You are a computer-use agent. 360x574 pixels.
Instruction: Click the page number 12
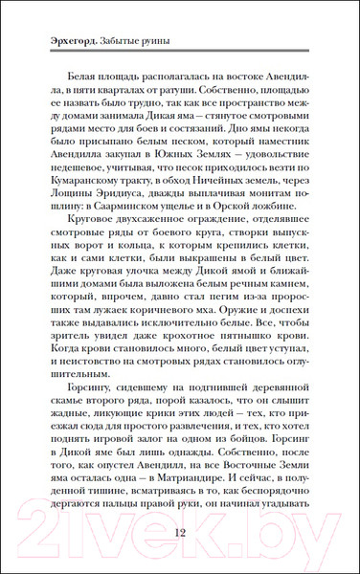pyautogui.click(x=180, y=533)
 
